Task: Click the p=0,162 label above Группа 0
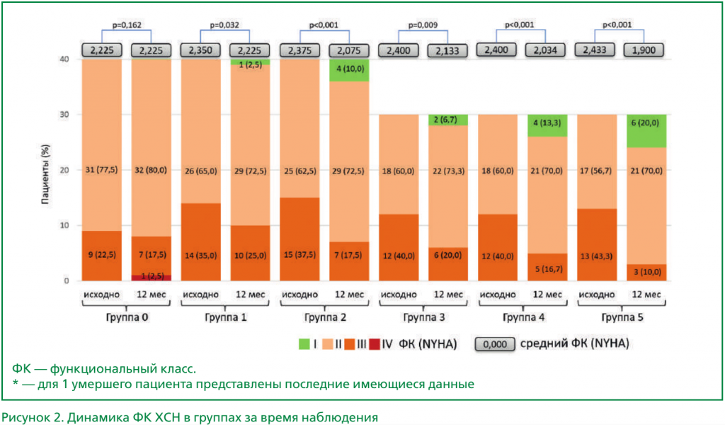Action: point(127,25)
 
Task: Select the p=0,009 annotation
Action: point(423,25)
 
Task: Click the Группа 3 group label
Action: point(422,317)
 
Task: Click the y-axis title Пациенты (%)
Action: point(45,170)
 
